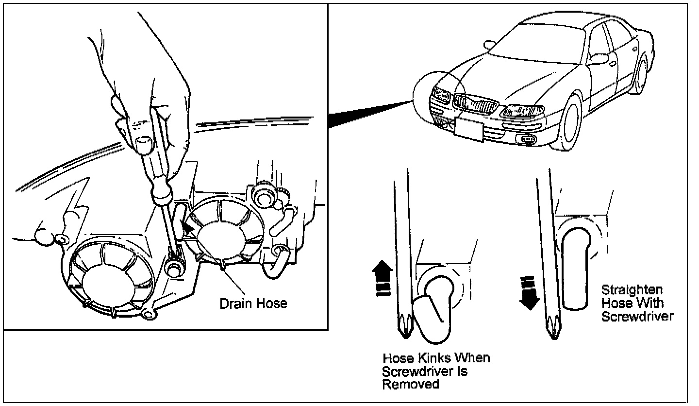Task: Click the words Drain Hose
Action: (x=253, y=304)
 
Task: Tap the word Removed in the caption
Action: (x=411, y=384)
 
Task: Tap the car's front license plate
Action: (x=469, y=128)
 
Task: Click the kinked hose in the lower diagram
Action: (x=433, y=311)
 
